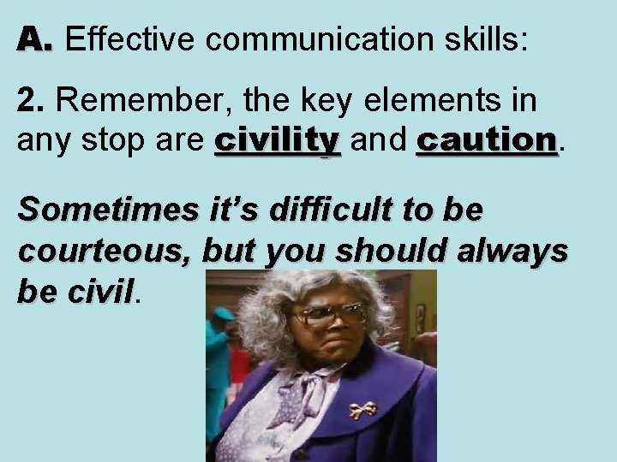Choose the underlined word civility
click(x=278, y=139)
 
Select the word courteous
click(x=105, y=254)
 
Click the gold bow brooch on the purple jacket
click(x=362, y=410)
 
